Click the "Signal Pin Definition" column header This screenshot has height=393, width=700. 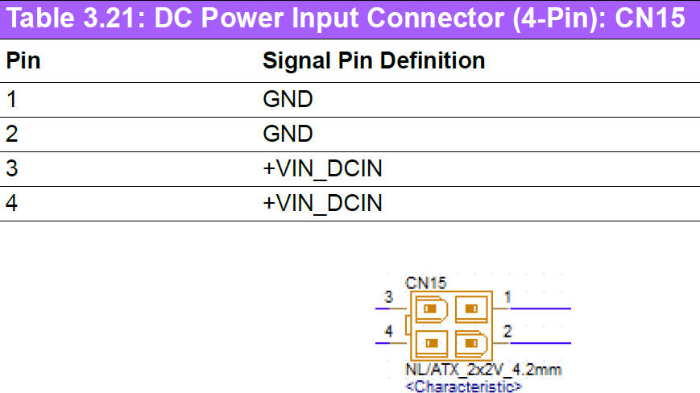point(374,60)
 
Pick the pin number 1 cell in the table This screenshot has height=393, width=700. point(11,100)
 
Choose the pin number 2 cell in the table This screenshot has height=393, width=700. point(12,134)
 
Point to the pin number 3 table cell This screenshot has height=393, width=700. point(12,168)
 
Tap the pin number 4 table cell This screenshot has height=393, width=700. point(12,203)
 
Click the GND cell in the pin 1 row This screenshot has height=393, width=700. point(287,100)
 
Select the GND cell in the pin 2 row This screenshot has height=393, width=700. point(287,134)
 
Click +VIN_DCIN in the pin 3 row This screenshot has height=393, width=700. point(322,168)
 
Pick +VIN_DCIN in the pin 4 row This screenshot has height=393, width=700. point(322,203)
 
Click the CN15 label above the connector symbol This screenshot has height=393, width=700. point(426,283)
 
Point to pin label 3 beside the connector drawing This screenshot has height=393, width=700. point(388,298)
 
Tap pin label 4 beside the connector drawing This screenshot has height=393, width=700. point(388,331)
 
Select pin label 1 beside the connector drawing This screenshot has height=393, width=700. point(507,298)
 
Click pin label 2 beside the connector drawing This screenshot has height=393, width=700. point(507,331)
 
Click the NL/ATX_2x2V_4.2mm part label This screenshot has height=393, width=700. point(483,370)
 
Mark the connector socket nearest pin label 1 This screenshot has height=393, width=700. point(471,308)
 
